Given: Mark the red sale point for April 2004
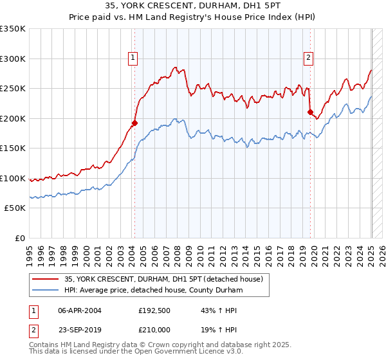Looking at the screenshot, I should pos(135,123).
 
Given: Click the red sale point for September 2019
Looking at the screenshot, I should pos(311,113).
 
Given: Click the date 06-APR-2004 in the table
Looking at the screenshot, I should pos(80,310).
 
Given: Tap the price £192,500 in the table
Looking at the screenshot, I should pos(158,310).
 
